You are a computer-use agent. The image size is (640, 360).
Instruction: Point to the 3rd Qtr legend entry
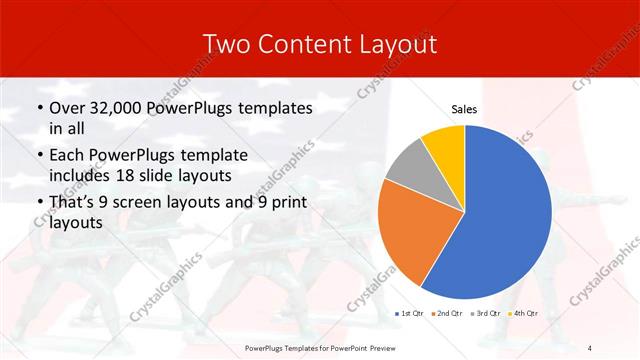(x=484, y=314)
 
